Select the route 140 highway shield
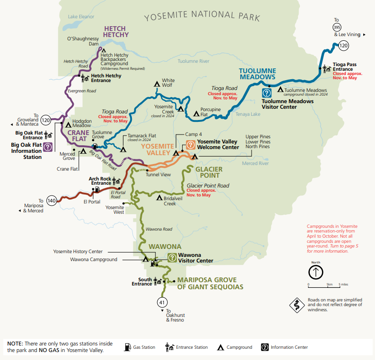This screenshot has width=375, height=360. [52, 201]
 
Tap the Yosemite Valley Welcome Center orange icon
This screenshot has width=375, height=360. [191, 145]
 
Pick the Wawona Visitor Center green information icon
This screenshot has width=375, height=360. [172, 257]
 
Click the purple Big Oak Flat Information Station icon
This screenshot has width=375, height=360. [47, 147]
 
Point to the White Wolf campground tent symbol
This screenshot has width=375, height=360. [158, 84]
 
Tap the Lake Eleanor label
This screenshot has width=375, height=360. [81, 16]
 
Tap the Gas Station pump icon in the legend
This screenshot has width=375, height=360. [127, 347]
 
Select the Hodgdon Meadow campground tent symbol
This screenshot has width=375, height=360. [68, 125]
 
